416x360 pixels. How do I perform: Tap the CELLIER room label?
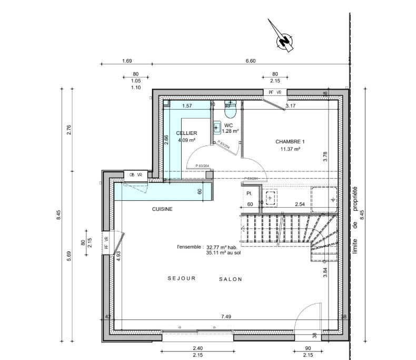(186, 133)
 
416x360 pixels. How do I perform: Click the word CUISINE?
(162, 209)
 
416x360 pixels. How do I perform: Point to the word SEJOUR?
(182, 279)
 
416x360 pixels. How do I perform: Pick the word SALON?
(231, 279)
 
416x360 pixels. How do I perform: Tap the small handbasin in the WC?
(217, 127)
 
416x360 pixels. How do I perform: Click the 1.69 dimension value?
(126, 61)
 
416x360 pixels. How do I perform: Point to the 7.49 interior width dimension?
(226, 317)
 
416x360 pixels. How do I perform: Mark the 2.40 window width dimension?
(197, 348)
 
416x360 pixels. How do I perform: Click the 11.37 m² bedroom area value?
(290, 149)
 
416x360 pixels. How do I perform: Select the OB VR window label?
(129, 175)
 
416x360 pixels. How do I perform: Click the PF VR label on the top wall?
(275, 92)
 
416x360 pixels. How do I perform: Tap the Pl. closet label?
(249, 193)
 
